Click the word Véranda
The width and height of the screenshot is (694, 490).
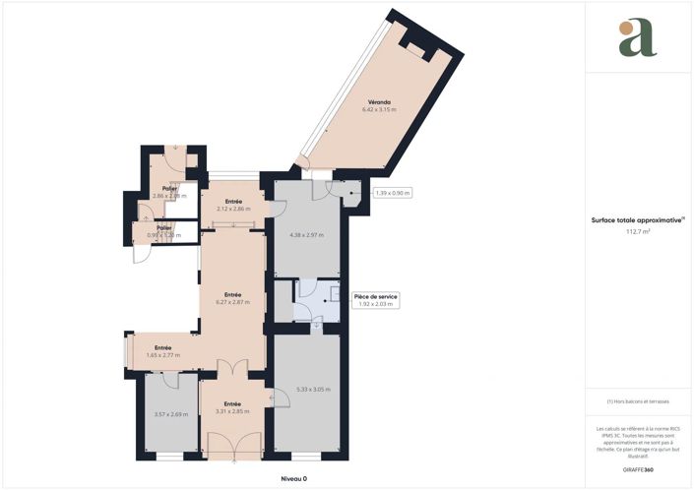(x=380, y=102)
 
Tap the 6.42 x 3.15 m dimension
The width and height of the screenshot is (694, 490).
(x=380, y=110)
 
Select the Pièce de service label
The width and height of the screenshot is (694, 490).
(x=376, y=296)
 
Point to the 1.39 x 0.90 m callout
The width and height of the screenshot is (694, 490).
(x=393, y=192)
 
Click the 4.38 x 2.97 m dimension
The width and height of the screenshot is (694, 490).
(x=306, y=235)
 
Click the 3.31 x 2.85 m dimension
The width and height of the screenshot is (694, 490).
(x=232, y=411)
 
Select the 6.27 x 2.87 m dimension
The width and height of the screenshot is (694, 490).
(x=232, y=302)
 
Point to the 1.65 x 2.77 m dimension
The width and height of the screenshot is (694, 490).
(x=162, y=354)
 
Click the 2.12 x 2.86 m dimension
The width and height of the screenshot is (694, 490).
(x=234, y=209)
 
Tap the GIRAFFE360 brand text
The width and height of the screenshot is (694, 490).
(x=637, y=469)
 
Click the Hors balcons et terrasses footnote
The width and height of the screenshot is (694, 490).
(x=637, y=401)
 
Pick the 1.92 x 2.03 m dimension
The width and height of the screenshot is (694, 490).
(x=376, y=304)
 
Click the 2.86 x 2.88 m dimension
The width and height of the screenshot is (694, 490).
(x=169, y=196)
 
